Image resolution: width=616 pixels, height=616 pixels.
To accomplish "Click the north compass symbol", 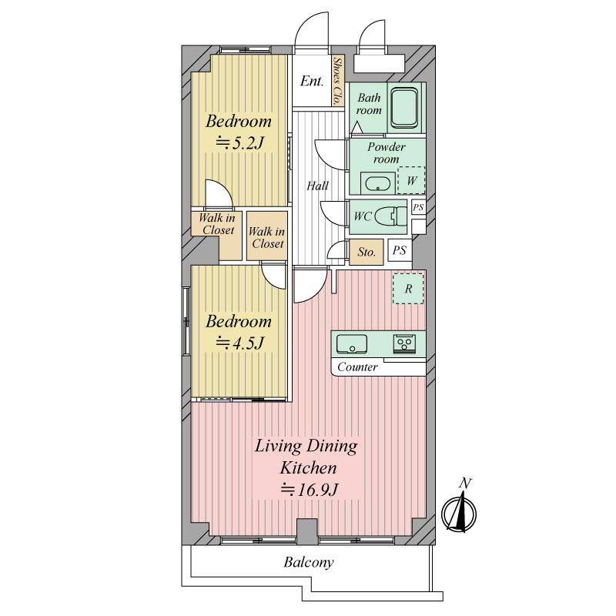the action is pyautogui.click(x=459, y=512).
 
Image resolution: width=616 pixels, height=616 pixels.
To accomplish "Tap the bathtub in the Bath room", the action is pyautogui.click(x=405, y=108).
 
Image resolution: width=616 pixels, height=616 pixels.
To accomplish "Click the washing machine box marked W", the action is pyautogui.click(x=411, y=180).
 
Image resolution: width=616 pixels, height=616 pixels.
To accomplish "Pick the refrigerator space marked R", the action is pyautogui.click(x=408, y=288).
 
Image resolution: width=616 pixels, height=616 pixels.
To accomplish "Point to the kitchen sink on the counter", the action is pyautogui.click(x=352, y=344).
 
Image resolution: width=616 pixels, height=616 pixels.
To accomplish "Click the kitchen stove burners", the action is pyautogui.click(x=404, y=344).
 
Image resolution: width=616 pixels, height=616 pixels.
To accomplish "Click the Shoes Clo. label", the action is pyautogui.click(x=337, y=81).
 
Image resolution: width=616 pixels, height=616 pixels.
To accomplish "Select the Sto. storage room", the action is pyautogui.click(x=367, y=252).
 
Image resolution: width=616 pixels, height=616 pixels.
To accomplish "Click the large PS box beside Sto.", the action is pyautogui.click(x=400, y=250).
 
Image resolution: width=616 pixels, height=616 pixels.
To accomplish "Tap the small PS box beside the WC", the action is pyautogui.click(x=418, y=206).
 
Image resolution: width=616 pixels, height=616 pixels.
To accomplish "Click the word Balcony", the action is pyautogui.click(x=309, y=563).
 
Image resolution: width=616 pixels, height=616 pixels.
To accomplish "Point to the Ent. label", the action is pyautogui.click(x=312, y=82).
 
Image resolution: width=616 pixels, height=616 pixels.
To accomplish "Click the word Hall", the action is pyautogui.click(x=317, y=186).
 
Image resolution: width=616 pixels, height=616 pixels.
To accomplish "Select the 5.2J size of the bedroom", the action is pyautogui.click(x=239, y=143).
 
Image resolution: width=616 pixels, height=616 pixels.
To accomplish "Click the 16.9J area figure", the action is pyautogui.click(x=309, y=490).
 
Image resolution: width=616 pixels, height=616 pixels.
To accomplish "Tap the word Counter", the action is pyautogui.click(x=357, y=367).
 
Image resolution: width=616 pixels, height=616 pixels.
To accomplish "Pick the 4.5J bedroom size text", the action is pyautogui.click(x=239, y=343).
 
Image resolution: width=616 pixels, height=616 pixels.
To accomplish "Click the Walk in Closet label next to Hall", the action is pyautogui.click(x=267, y=237).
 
